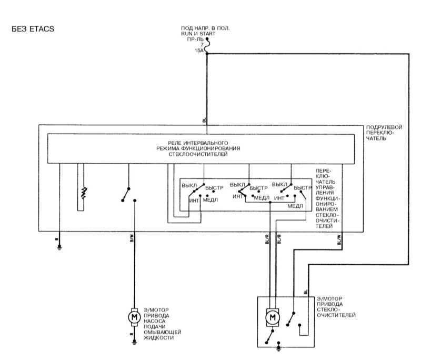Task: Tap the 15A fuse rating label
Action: point(198,51)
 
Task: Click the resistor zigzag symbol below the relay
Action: point(83,193)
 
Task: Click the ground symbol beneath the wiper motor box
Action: point(279,347)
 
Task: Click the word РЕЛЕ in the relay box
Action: point(176,143)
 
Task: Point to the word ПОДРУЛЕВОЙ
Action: point(384,128)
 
